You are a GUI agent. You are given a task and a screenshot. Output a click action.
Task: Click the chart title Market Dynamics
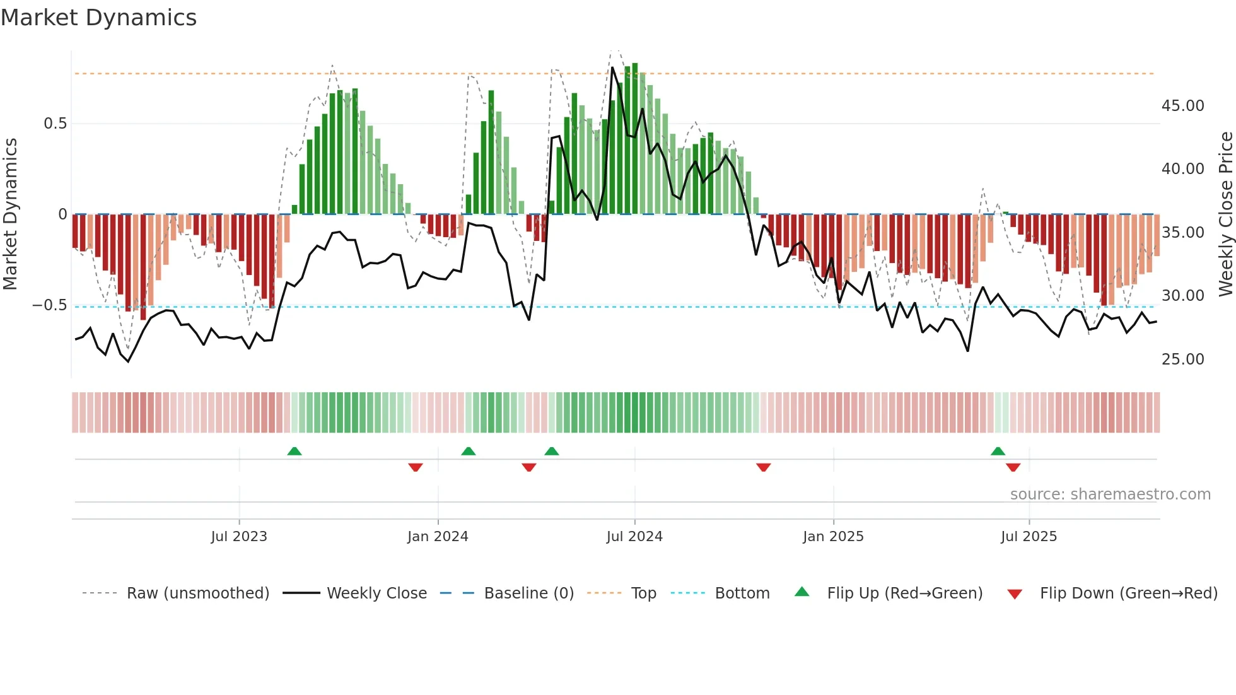98,18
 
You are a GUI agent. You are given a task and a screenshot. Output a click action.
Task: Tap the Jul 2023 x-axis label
239,537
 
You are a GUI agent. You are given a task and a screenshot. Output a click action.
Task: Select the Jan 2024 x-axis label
438,537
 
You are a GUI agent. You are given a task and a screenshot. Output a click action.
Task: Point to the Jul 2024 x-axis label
634,537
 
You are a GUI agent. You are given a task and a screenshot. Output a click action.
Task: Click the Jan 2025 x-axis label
833,537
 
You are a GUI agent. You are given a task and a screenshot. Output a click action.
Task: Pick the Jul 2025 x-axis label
1029,537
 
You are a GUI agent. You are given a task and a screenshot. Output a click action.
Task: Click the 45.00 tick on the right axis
1182,106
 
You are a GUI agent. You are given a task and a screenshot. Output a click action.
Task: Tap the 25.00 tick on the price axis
1182,359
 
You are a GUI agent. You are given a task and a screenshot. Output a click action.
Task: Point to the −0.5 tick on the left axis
50,305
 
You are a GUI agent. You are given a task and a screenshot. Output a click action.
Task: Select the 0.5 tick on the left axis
55,124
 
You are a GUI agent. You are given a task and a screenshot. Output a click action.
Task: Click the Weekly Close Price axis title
1225,214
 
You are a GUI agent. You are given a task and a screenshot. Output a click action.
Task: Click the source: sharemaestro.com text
1110,494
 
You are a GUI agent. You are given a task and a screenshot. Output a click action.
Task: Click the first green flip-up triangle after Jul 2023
294,451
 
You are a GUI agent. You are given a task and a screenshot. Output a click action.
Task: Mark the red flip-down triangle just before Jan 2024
415,467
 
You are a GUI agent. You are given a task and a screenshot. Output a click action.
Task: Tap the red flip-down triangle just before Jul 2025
1013,467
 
